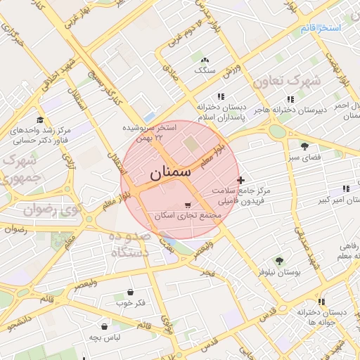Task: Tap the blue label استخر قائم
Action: pyautogui.click(x=321, y=28)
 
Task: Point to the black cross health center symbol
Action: pyautogui.click(x=242, y=181)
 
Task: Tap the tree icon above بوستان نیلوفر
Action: pyautogui.click(x=280, y=260)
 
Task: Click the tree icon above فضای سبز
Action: pyautogui.click(x=304, y=146)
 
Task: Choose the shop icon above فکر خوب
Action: pyautogui.click(x=131, y=292)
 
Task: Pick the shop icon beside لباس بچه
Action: pyautogui.click(x=105, y=326)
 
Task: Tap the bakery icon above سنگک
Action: pyautogui.click(x=205, y=60)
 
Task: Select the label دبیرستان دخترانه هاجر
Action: pyautogui.click(x=290, y=110)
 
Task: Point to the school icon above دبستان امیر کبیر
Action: pyautogui.click(x=345, y=188)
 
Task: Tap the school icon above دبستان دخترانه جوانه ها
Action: pyautogui.click(x=321, y=302)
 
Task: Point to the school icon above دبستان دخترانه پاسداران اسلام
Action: pyautogui.click(x=221, y=97)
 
